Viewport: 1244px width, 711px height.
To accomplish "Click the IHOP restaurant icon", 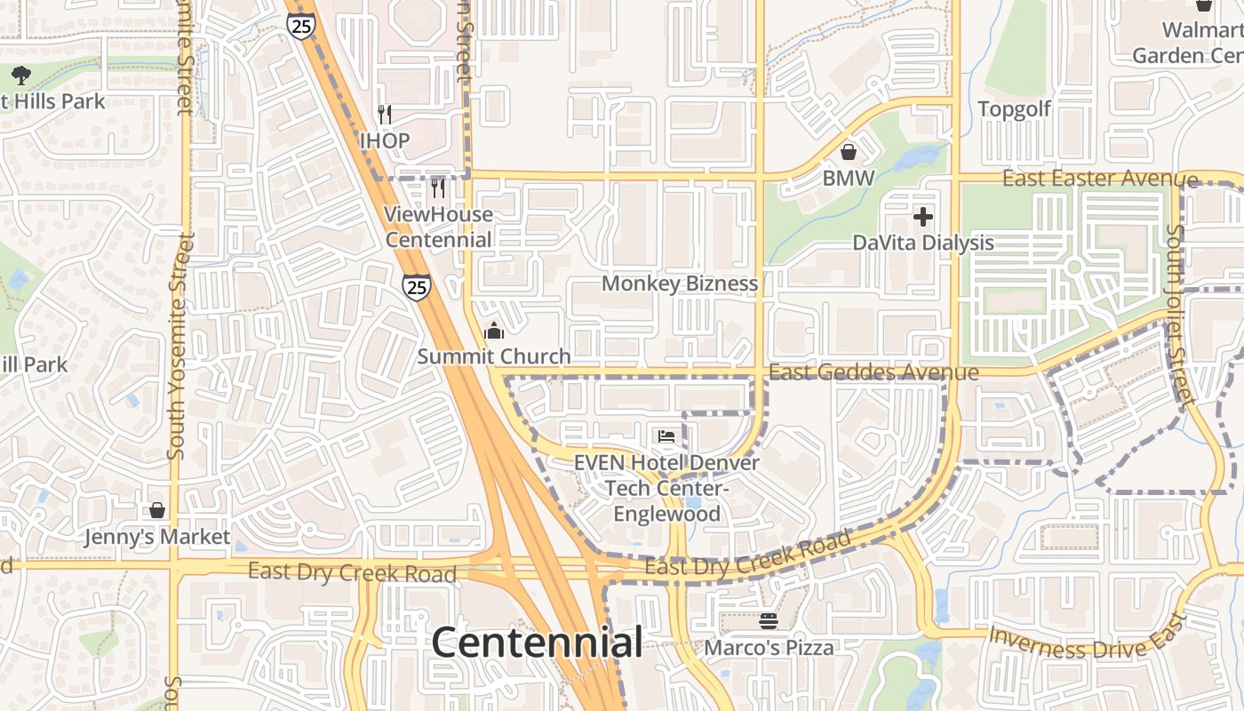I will [385, 115].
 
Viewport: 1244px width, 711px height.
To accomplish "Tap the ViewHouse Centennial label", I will [439, 227].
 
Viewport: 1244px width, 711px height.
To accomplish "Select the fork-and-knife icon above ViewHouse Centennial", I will [438, 188].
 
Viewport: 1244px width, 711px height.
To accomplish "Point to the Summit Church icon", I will [494, 332].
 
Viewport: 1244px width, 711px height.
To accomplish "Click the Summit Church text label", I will [494, 356].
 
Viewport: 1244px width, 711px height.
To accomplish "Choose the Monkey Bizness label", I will [680, 284].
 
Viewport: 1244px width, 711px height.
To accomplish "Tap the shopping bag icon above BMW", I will [849, 152].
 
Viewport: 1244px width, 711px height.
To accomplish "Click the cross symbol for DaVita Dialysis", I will [923, 216].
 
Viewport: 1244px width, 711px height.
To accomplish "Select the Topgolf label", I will [1014, 109].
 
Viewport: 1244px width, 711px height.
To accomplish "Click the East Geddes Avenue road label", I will [873, 372].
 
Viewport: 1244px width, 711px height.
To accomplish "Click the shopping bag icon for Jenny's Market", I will [157, 510].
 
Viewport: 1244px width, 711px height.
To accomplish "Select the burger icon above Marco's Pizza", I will [769, 621].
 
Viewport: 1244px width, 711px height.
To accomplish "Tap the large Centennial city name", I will [537, 643].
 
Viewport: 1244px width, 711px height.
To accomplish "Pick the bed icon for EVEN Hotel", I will [666, 436].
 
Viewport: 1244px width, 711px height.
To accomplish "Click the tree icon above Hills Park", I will [21, 76].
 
